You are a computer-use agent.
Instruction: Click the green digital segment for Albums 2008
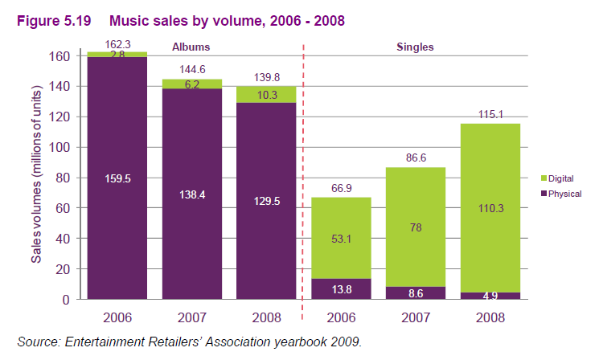point(266,95)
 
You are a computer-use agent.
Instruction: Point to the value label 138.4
point(192,195)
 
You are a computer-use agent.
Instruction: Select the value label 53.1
point(342,238)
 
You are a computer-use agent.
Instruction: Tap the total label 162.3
point(118,45)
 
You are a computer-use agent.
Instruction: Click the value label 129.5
point(266,202)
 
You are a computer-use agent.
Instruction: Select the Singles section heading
point(415,47)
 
